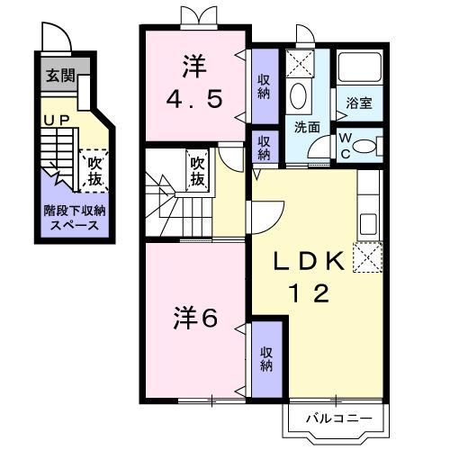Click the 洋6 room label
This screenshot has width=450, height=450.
tap(197, 317)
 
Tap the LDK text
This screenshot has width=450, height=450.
tap(309, 261)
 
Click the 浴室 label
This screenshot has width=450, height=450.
tap(360, 103)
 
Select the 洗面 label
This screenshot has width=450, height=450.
tap(306, 127)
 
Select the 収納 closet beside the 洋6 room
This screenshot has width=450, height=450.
tap(266, 358)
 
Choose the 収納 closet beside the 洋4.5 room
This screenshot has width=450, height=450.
tap(264, 87)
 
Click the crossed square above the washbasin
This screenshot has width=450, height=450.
tap(300, 63)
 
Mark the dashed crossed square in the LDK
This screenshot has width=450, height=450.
tap(366, 259)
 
